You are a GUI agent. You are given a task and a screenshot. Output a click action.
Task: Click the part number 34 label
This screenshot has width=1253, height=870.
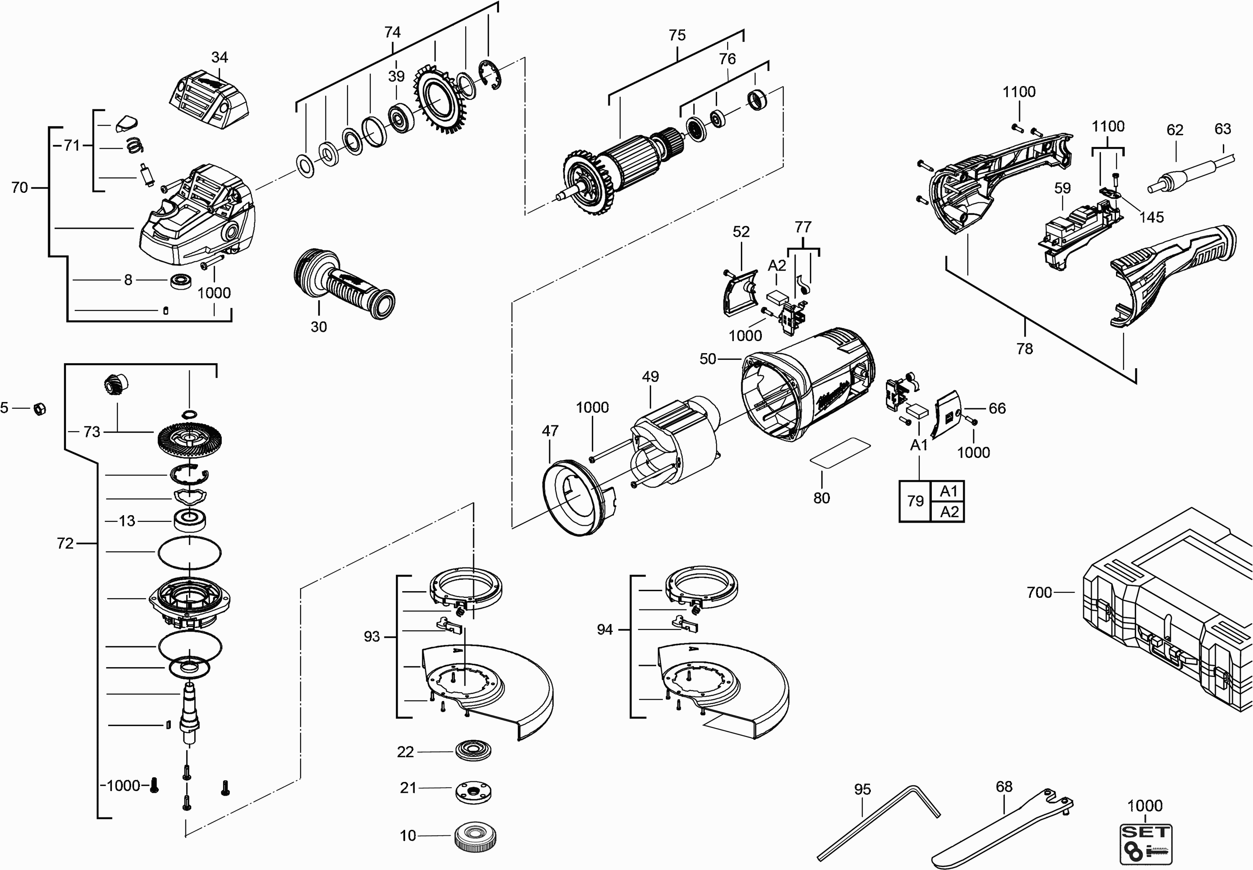click(219, 57)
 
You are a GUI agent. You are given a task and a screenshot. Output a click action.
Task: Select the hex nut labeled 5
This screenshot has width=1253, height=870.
click(39, 408)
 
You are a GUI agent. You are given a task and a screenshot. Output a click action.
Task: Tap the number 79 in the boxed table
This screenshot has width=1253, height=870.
click(916, 501)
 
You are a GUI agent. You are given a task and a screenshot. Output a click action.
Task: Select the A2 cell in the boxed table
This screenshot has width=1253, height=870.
click(949, 512)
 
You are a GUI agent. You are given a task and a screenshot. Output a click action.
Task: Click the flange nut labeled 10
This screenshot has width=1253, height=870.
click(474, 835)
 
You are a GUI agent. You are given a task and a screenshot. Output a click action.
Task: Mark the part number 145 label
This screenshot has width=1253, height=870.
click(1151, 217)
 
